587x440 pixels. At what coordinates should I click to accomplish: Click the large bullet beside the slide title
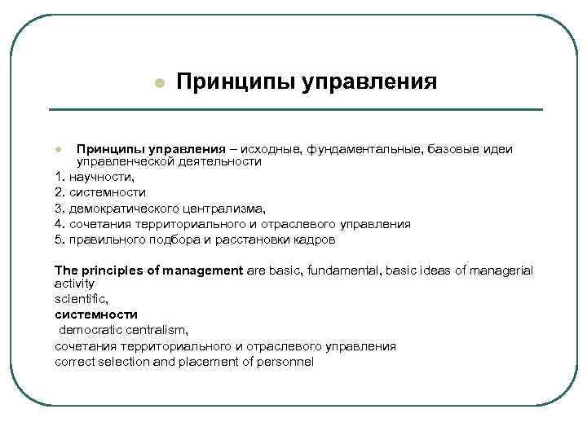click(160, 84)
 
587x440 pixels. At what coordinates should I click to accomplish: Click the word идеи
click(495, 149)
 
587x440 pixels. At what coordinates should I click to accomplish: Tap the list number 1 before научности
click(59, 177)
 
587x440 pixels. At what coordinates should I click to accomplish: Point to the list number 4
click(59, 223)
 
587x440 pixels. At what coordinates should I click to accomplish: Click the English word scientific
click(81, 300)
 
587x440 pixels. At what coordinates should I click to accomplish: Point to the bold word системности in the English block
click(96, 315)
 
